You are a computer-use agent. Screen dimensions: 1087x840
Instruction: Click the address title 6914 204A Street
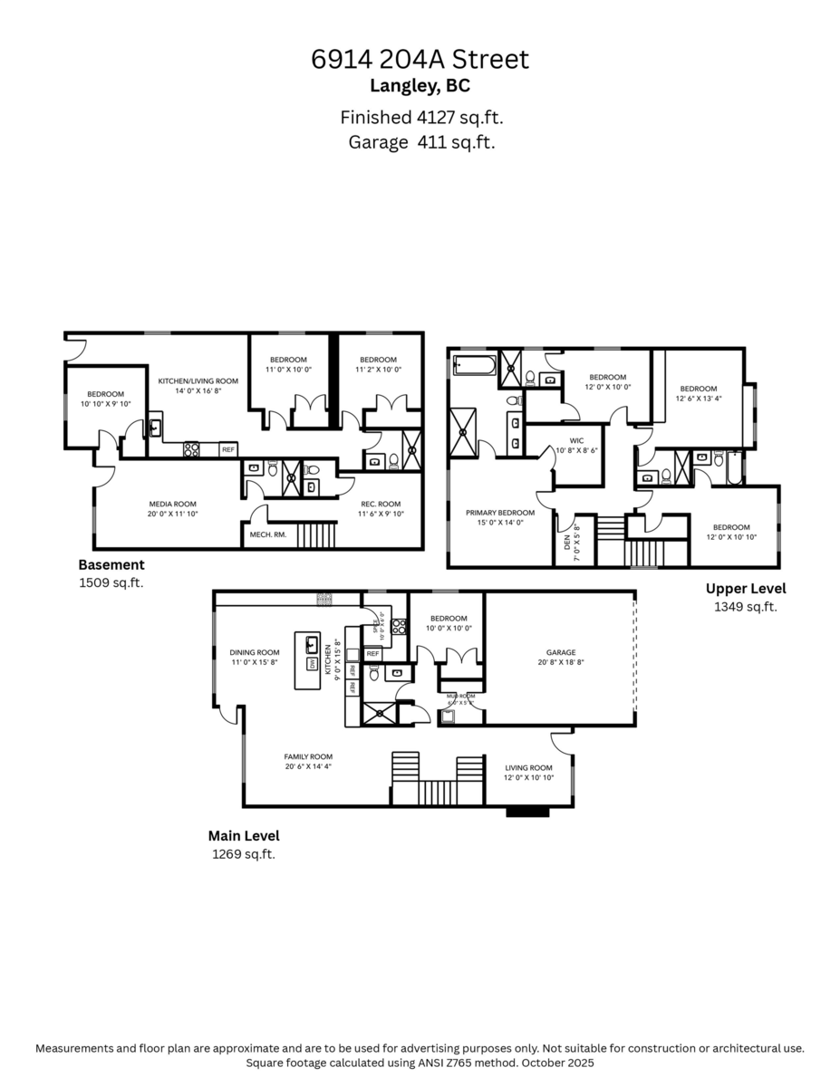(x=420, y=60)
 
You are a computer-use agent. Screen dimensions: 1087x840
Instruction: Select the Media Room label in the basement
(x=172, y=504)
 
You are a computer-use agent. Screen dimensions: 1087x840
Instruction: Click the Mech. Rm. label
(x=267, y=534)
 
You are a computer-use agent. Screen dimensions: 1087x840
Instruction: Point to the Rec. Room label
(x=381, y=504)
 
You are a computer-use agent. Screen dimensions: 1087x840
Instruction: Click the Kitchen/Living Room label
(x=198, y=381)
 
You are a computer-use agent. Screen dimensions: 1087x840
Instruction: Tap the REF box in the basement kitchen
(x=227, y=449)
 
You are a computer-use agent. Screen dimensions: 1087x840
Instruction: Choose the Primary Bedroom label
(x=500, y=513)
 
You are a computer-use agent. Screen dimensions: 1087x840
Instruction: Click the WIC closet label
(x=576, y=441)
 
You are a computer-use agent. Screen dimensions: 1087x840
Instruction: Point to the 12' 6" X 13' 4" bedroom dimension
(x=699, y=399)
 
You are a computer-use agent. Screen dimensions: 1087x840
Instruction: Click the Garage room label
(x=561, y=651)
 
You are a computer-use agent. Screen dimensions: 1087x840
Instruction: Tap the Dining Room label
(x=254, y=651)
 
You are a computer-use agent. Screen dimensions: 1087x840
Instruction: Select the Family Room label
(x=308, y=756)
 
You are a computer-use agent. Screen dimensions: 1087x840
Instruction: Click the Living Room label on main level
(x=528, y=767)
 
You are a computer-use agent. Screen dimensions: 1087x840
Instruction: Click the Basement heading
(x=111, y=564)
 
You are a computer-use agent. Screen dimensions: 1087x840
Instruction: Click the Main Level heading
(x=244, y=836)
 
